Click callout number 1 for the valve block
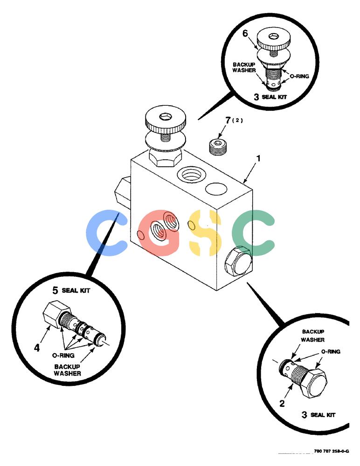click(x=258, y=158)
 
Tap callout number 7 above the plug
click(x=228, y=120)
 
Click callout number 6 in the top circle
click(x=245, y=33)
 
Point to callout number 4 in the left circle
click(x=36, y=348)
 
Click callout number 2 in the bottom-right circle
click(x=282, y=403)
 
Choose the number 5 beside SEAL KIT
click(x=55, y=290)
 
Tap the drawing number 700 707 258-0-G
click(x=332, y=451)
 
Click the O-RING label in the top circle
click(x=299, y=76)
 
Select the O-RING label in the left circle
click(x=63, y=355)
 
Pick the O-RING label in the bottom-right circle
click(x=331, y=351)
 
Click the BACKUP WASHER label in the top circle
click(x=244, y=67)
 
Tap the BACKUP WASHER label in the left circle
click(x=67, y=370)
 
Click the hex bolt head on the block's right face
click(x=238, y=260)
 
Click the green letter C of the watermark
click(x=254, y=233)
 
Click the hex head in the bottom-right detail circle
click(x=314, y=384)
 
